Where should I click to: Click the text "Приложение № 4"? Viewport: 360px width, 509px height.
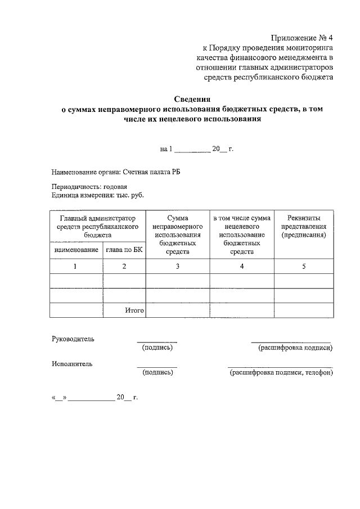[302, 38]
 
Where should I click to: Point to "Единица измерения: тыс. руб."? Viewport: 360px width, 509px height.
[97, 195]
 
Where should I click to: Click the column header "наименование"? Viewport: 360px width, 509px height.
[76, 250]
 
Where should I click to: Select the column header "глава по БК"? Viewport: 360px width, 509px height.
[124, 250]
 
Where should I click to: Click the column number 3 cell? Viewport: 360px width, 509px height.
[177, 267]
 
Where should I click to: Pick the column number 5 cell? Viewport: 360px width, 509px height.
[304, 267]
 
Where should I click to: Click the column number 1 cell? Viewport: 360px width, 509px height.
[76, 267]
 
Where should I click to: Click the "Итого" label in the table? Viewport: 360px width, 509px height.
[134, 310]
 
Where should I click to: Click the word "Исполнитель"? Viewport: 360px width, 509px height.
[72, 364]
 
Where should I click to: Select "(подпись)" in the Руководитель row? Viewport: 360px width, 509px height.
[157, 348]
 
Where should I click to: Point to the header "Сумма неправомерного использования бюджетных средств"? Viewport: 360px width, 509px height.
[177, 235]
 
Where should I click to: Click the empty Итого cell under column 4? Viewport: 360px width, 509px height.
[242, 310]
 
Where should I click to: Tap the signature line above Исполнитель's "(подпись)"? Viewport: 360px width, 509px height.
[157, 367]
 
